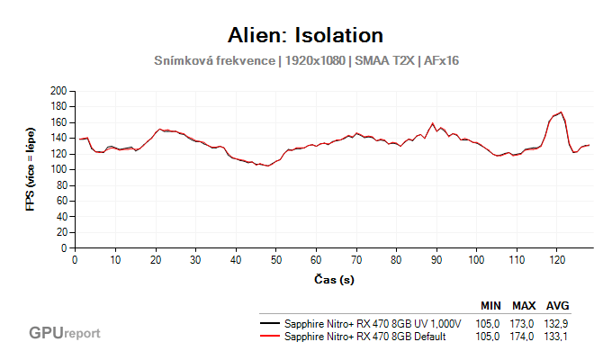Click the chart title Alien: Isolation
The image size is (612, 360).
tap(307, 35)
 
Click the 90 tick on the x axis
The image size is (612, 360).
tap(436, 259)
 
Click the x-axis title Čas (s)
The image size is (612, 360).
tap(333, 280)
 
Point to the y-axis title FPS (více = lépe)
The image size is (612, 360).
tap(30, 169)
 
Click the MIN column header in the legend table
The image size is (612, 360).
tap(490, 305)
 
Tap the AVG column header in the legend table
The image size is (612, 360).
tap(558, 305)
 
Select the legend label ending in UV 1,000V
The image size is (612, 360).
tap(372, 322)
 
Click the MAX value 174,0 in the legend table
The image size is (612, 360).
tap(525, 336)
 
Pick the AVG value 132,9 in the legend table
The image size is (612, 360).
tap(558, 322)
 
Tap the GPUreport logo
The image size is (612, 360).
tap(64, 333)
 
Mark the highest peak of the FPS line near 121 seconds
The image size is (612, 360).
tap(561, 112)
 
